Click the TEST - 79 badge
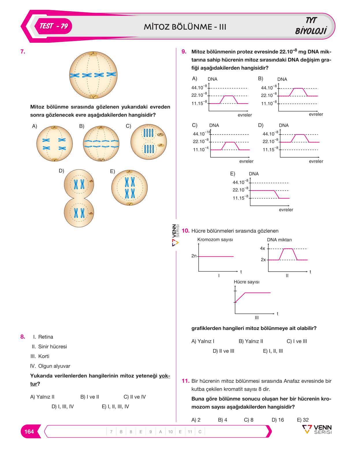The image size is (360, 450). [x=53, y=26]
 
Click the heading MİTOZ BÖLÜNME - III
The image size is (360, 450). [x=185, y=27]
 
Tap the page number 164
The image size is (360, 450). [x=29, y=432]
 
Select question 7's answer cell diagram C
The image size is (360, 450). [x=148, y=142]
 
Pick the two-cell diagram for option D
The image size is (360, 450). [x=79, y=198]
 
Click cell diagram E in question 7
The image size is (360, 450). [x=129, y=188]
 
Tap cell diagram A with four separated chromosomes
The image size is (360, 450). [x=54, y=144]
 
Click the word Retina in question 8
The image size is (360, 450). [x=46, y=337]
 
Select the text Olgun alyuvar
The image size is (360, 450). [x=54, y=366]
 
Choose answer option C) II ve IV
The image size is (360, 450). [x=135, y=397]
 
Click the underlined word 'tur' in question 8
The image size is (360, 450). [x=33, y=384]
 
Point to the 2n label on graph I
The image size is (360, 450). [x=194, y=256]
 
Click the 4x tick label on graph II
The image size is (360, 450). [x=262, y=248]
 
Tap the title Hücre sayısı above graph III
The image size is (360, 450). [x=247, y=282]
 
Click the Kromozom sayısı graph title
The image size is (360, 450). [x=215, y=239]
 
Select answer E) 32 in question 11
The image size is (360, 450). [x=303, y=420]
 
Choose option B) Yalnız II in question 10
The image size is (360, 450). [x=251, y=341]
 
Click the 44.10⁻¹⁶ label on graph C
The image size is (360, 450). [x=202, y=133]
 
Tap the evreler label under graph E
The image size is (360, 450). [x=286, y=210]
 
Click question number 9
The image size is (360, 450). [x=184, y=51]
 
